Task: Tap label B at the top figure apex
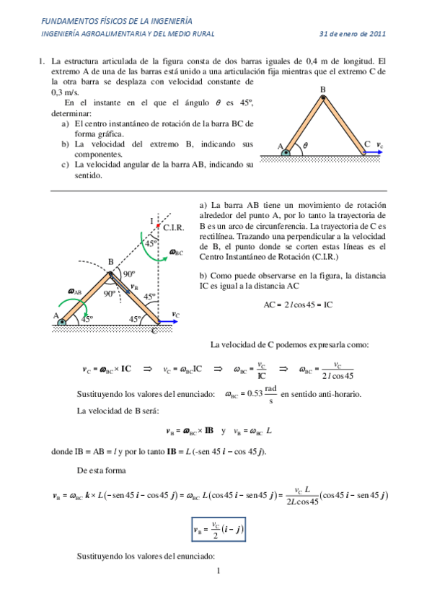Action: [322, 89]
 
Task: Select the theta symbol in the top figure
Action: [305, 145]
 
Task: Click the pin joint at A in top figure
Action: [286, 152]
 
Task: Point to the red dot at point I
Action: [158, 227]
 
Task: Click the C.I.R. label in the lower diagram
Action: [175, 227]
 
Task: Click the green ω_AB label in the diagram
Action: [74, 292]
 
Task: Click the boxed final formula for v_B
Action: [219, 531]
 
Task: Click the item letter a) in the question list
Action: [66, 123]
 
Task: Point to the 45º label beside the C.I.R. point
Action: [150, 243]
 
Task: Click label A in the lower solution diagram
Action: [56, 315]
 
